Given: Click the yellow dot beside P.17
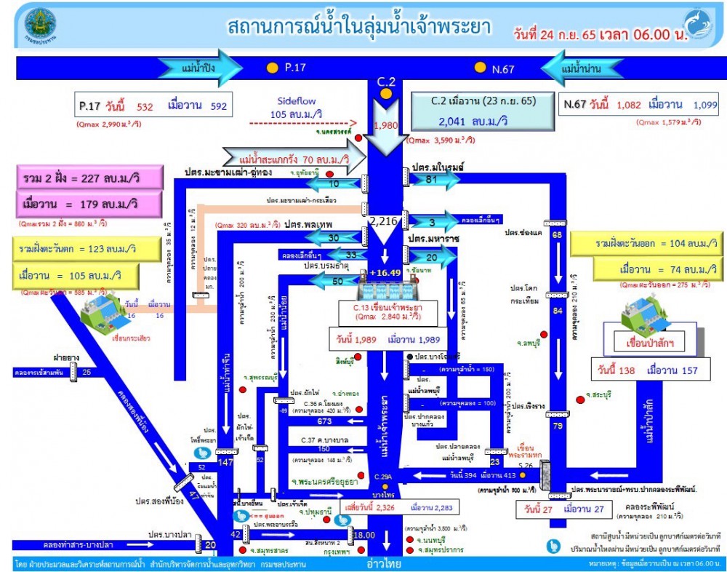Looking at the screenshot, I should (x=272, y=68).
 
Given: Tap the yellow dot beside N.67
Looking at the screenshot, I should (x=480, y=68).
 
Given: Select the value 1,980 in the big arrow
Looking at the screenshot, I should (x=385, y=125).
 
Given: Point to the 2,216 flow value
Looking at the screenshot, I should (x=385, y=221).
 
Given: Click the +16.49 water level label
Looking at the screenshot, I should (x=385, y=272).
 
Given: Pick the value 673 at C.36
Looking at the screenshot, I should (x=324, y=421).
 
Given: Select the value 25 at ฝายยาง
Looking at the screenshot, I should (x=87, y=373).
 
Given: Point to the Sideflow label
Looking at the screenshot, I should (x=297, y=101).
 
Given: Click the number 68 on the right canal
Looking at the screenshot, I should (x=557, y=235).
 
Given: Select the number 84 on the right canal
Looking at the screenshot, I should (x=557, y=311).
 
